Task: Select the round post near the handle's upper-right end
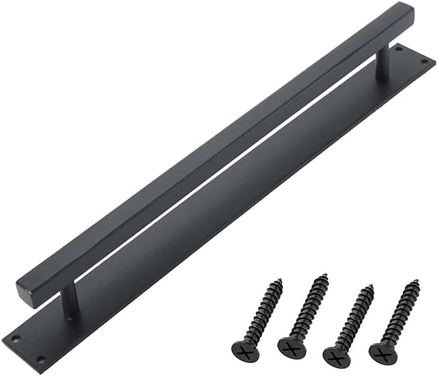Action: click(x=382, y=65)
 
